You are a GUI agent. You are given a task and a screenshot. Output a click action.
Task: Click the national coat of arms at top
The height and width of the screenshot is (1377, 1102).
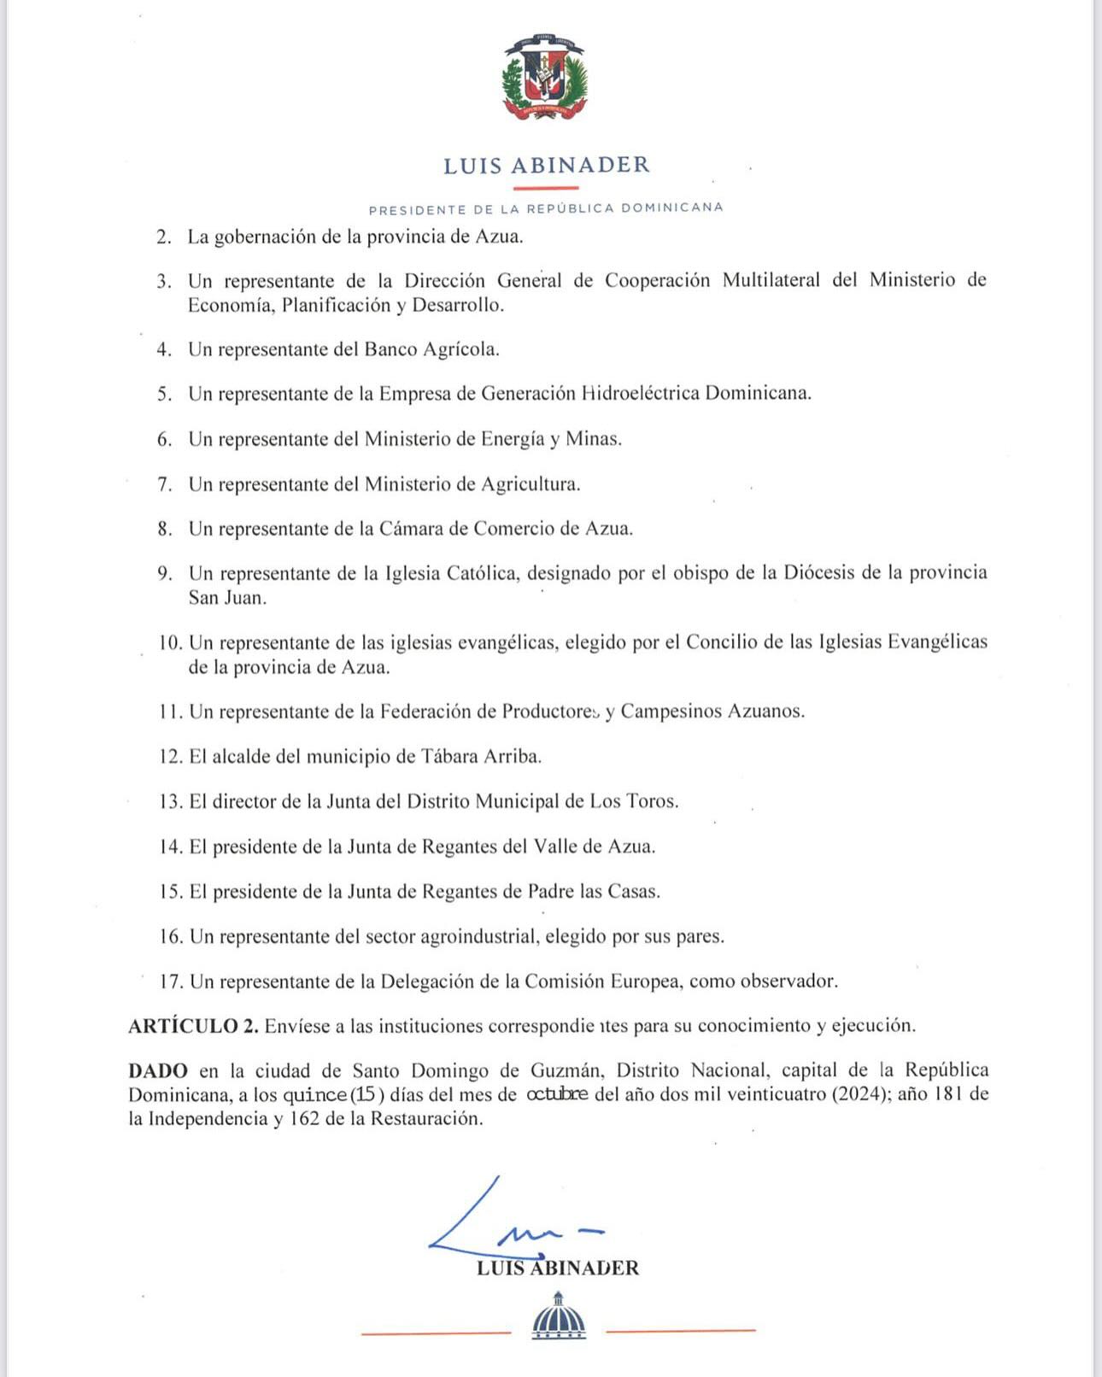[545, 77]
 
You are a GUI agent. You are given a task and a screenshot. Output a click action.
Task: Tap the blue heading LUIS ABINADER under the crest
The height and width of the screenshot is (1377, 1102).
[547, 165]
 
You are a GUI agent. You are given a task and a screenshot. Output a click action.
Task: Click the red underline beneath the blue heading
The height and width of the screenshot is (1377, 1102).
[546, 188]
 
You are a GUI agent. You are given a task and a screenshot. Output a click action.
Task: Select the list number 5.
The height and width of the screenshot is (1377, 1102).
[164, 394]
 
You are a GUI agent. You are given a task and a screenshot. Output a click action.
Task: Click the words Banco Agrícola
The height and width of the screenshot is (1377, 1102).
[431, 349]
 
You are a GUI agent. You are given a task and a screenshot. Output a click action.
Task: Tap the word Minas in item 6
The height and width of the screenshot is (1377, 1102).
[594, 439]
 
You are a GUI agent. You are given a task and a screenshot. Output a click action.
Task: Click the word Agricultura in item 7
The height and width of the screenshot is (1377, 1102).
[530, 484]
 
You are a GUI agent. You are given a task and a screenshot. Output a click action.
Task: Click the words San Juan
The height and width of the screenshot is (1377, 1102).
[227, 598]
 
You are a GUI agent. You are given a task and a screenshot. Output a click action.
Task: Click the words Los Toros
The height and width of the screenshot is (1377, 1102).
[634, 801]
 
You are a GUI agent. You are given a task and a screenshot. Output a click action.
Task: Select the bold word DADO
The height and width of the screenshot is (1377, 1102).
[158, 1070]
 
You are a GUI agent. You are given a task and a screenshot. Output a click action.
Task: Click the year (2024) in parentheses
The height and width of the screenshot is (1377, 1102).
[859, 1094]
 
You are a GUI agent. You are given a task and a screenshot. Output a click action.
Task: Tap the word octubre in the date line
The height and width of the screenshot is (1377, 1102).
[557, 1094]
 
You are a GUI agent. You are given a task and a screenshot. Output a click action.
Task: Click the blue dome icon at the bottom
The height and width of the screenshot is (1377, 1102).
[559, 1317]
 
